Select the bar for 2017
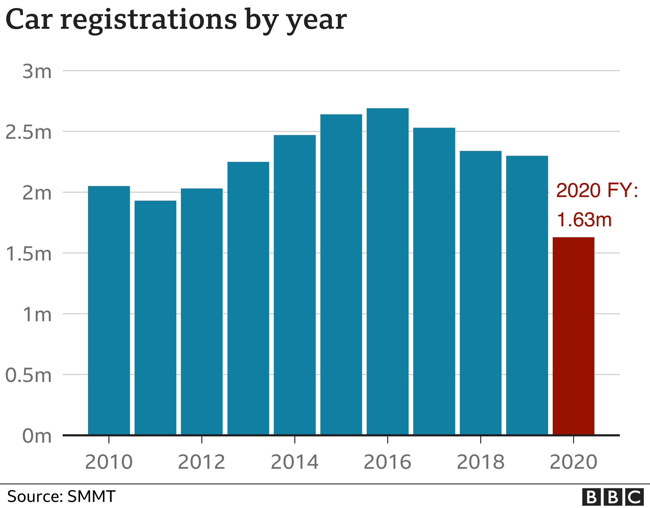(434, 281)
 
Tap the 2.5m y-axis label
(29, 132)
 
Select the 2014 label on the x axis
(295, 462)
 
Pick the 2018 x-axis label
(480, 462)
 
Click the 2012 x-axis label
(202, 462)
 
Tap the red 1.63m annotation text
(584, 220)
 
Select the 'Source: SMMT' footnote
(61, 496)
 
